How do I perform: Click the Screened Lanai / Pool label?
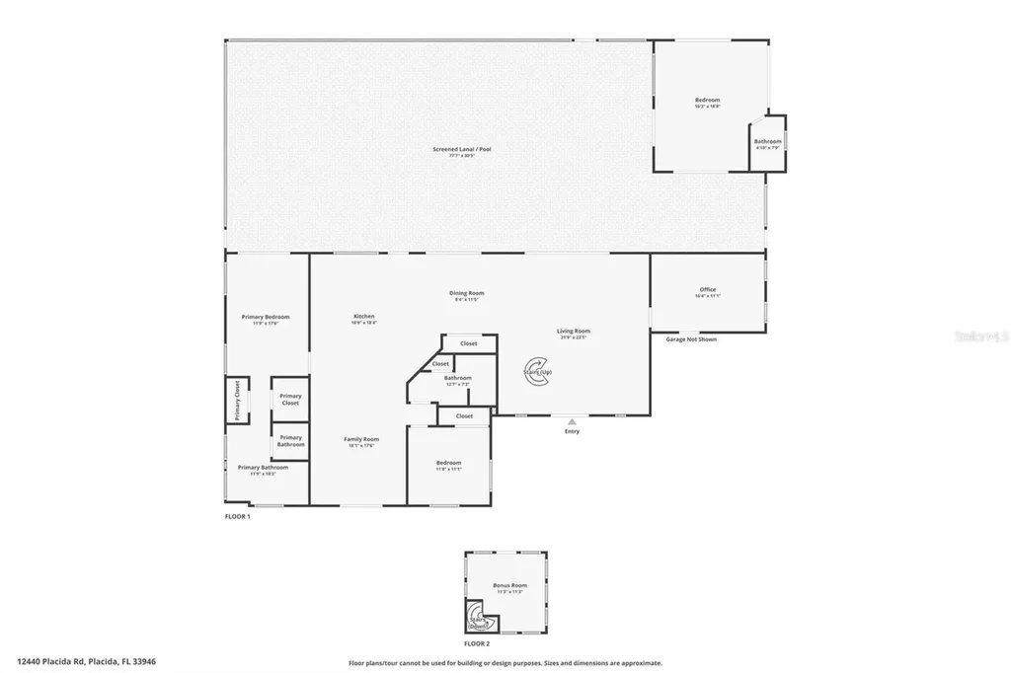[x=461, y=150]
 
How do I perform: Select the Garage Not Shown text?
[x=690, y=338]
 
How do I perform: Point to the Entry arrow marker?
[x=572, y=421]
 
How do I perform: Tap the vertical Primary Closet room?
[x=237, y=400]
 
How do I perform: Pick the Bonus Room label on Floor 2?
[x=509, y=586]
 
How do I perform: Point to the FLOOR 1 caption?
[x=238, y=516]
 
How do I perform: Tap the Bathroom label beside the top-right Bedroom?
[x=767, y=142]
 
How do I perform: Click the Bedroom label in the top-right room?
[x=707, y=101]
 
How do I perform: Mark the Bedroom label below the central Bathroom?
[x=448, y=464]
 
